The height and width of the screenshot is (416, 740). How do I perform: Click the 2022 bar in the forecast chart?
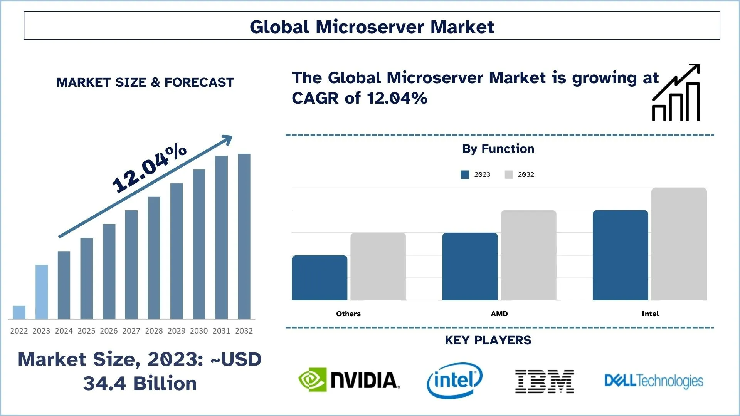(19, 312)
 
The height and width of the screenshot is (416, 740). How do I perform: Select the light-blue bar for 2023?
(42, 292)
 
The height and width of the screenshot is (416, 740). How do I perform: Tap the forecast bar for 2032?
(244, 236)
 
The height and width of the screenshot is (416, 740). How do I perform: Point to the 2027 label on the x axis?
(131, 331)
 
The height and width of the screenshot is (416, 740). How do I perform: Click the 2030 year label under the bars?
(199, 331)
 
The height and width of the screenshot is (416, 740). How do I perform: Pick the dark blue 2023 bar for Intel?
(620, 255)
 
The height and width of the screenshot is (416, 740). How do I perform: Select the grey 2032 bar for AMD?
(528, 255)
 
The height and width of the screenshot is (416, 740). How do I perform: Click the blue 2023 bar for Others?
(320, 278)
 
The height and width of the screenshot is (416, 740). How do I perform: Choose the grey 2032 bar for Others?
(378, 266)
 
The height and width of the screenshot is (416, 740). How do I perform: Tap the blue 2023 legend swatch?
(465, 174)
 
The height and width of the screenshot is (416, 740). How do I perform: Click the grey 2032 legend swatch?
(508, 174)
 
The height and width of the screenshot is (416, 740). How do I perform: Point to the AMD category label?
(499, 314)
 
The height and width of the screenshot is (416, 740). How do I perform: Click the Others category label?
(348, 314)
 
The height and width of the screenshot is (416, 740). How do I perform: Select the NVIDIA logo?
(349, 380)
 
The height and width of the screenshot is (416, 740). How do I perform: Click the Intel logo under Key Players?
(455, 380)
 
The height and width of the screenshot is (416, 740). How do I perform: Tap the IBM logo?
(545, 381)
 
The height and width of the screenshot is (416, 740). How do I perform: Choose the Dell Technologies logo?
(654, 381)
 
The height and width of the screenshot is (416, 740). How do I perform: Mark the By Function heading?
(498, 149)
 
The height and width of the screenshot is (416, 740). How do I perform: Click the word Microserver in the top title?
(370, 27)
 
